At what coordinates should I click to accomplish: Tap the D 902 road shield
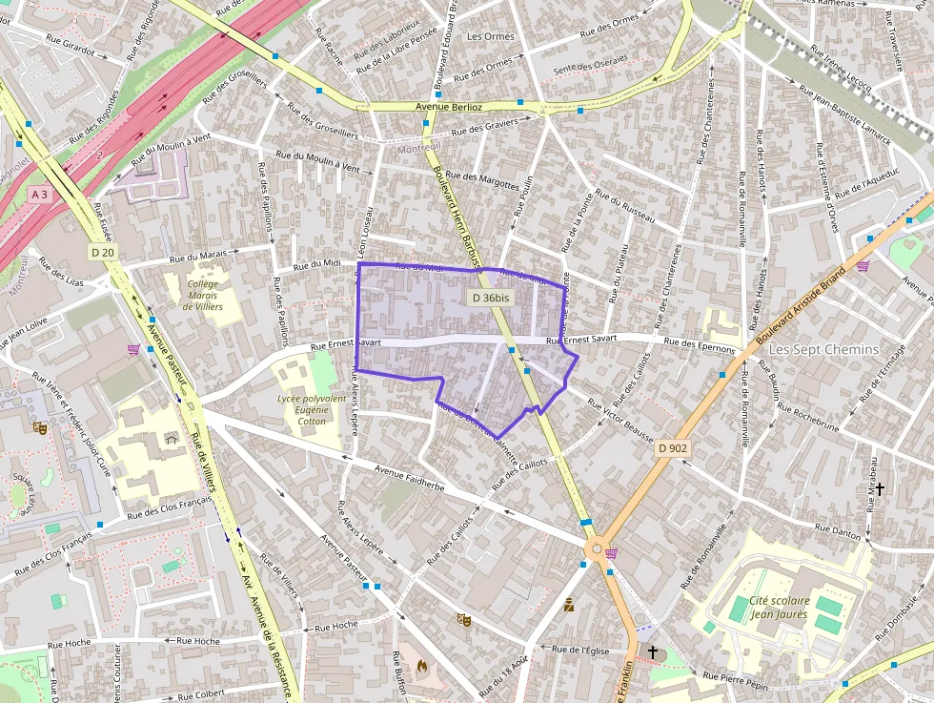point(672,447)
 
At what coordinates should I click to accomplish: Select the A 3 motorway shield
point(39,195)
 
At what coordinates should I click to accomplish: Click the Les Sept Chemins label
point(823,349)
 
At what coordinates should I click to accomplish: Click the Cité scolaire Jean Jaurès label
point(779,608)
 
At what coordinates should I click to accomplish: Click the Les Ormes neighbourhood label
point(491,36)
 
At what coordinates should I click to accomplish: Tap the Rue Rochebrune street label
point(809,417)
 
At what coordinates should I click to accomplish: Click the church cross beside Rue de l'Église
point(653,652)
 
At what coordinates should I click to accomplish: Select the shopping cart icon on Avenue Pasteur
point(132,349)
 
